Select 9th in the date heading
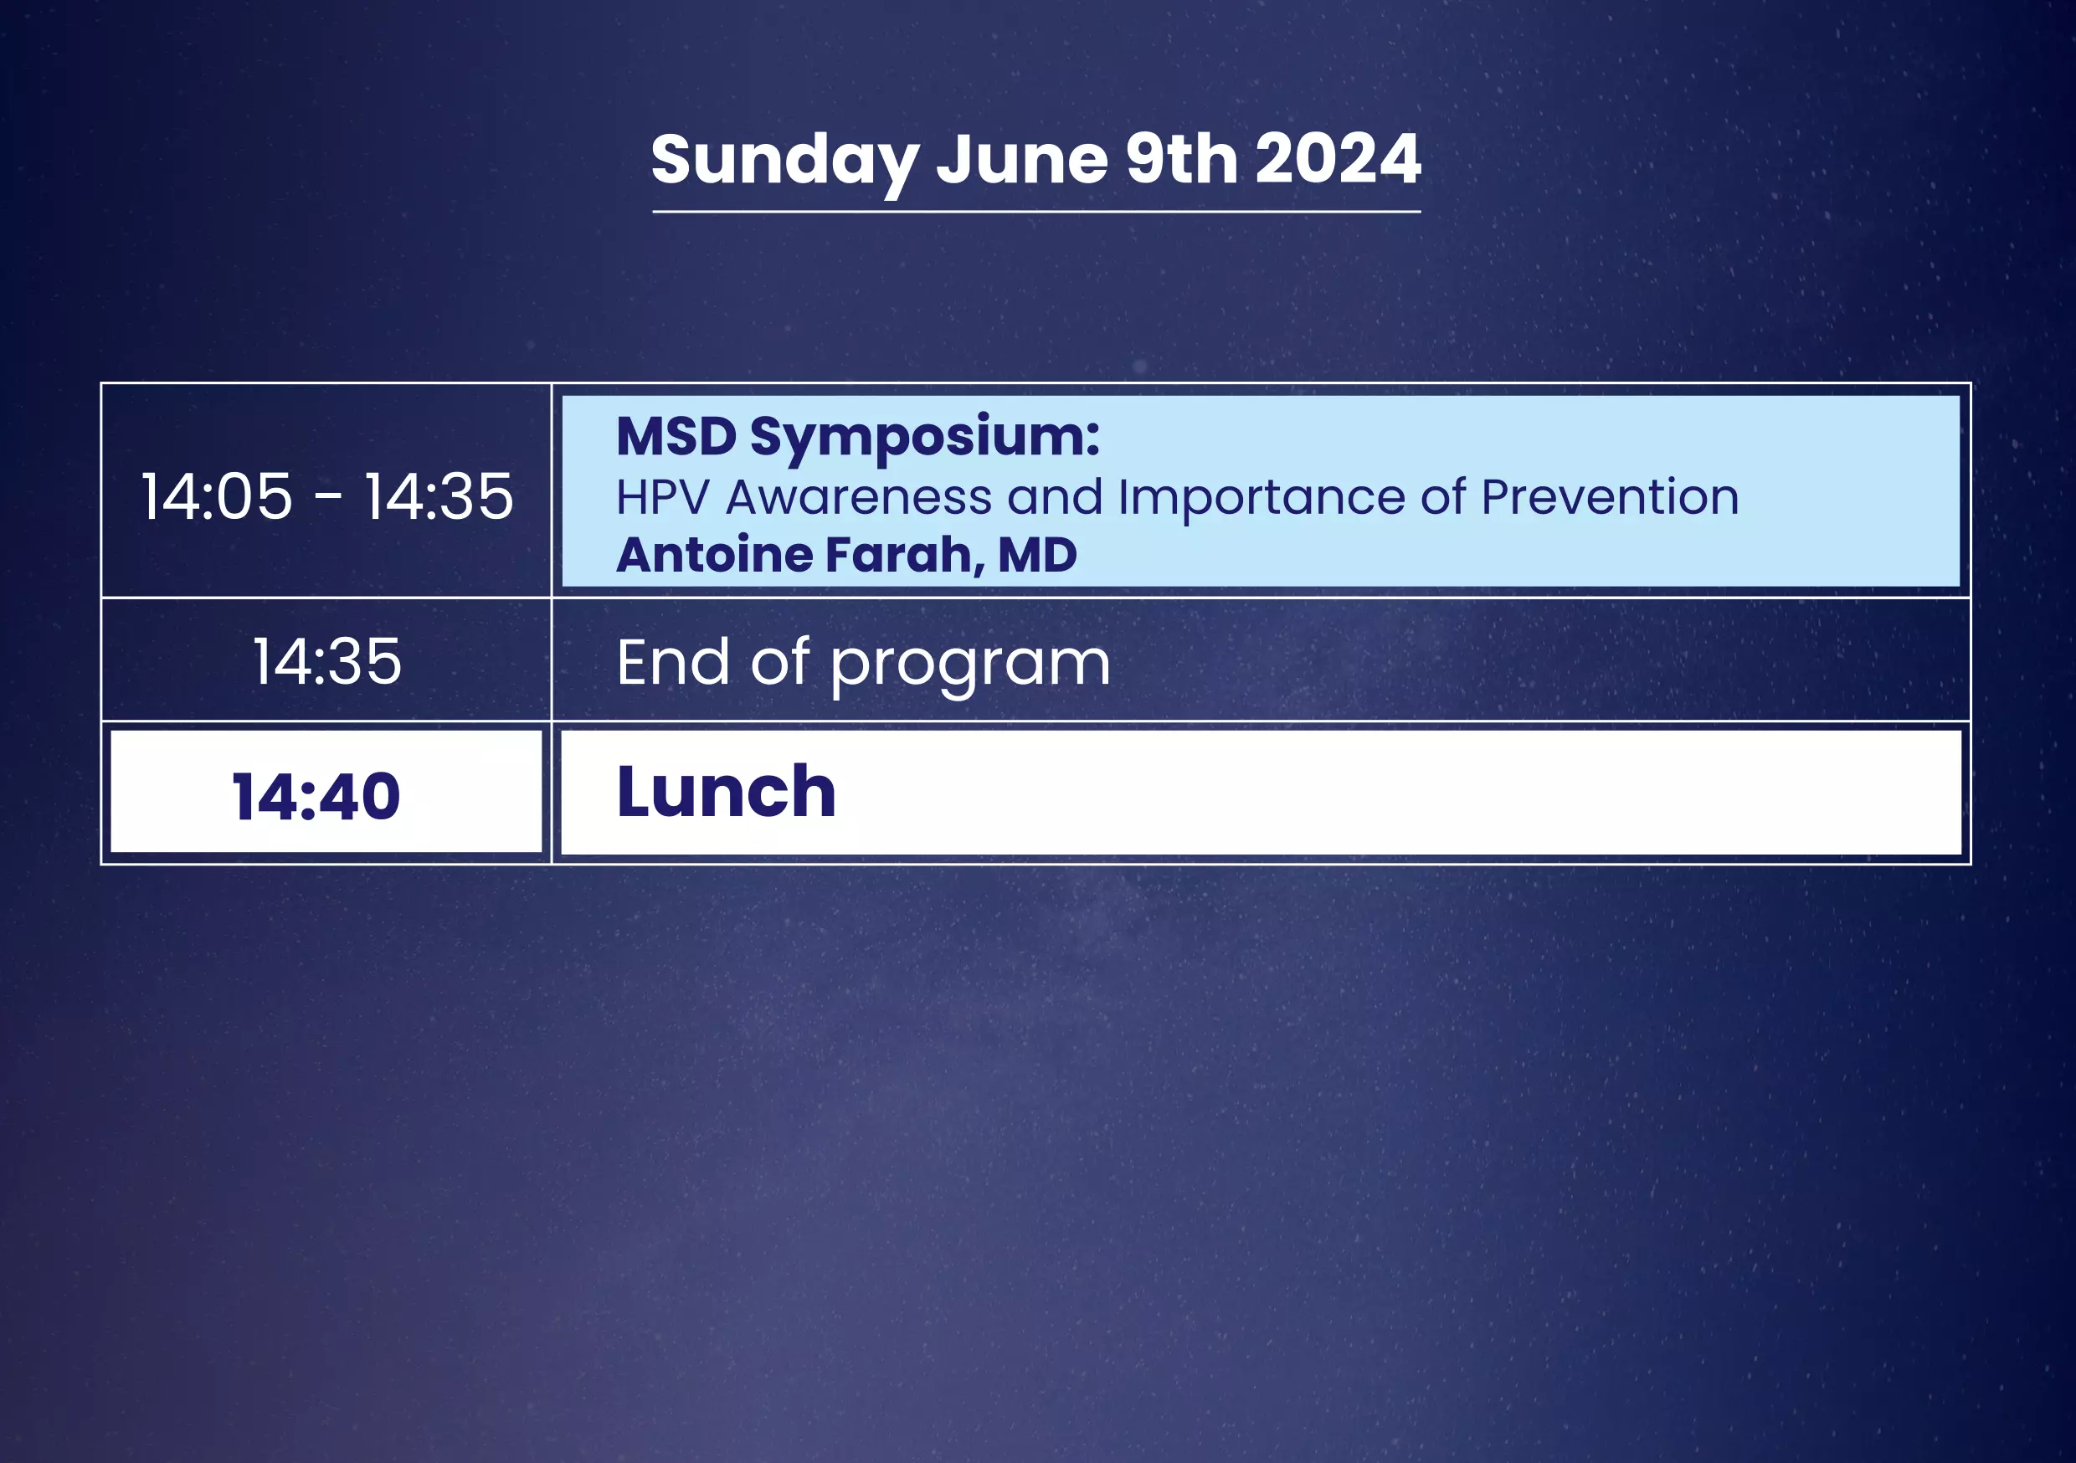1182,158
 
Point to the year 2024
1339,158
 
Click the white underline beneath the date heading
1036,212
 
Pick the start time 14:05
217,496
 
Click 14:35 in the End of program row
326,661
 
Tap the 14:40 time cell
316,797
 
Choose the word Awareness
859,496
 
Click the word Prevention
1610,496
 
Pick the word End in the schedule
674,662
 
